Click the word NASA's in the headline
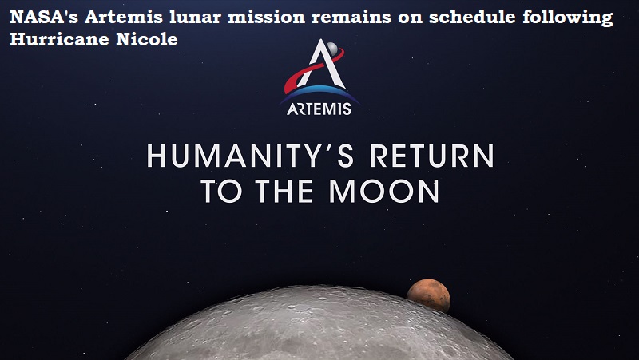[x=44, y=17]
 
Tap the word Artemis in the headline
[x=124, y=17]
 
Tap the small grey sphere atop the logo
[x=332, y=49]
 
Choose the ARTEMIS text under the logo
[x=319, y=109]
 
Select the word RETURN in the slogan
[x=431, y=156]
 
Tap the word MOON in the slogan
[x=384, y=191]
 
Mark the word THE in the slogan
[x=284, y=191]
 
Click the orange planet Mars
[x=428, y=295]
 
